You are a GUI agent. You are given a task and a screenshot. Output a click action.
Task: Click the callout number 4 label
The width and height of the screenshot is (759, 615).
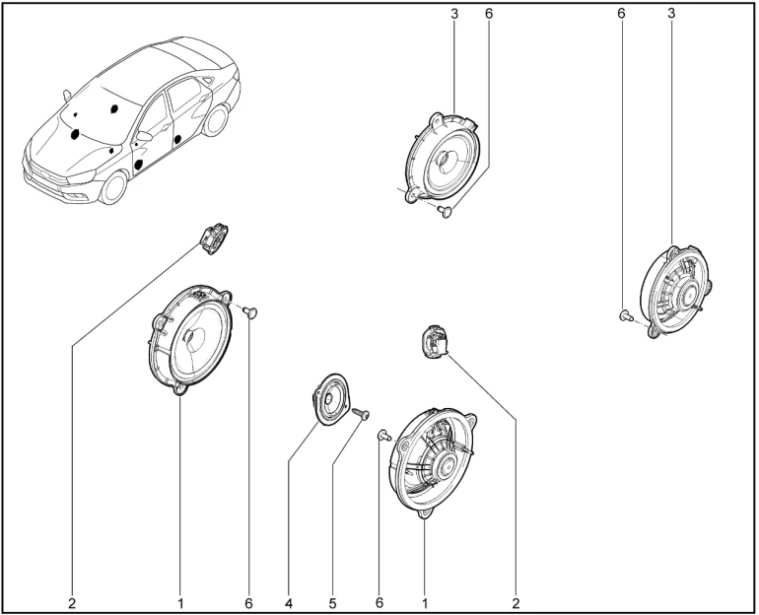289,603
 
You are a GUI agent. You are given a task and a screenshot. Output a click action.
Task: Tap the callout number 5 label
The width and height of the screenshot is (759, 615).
332,603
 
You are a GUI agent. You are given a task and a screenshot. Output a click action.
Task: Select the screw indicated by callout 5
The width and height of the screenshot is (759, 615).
361,413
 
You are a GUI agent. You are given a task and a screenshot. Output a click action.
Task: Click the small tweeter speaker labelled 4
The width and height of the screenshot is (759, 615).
330,399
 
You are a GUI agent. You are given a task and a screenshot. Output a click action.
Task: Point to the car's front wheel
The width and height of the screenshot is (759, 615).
114,187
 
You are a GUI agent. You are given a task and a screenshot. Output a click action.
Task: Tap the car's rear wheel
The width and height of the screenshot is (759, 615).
216,120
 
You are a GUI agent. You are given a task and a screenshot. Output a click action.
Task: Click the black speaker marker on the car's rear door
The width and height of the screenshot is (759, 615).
177,139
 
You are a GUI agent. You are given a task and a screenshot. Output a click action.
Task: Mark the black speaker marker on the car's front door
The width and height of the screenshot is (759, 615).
139,164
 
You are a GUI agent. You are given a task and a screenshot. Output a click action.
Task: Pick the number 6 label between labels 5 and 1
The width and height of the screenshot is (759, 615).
379,602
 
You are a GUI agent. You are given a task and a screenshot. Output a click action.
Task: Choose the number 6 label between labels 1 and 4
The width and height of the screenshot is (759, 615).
248,603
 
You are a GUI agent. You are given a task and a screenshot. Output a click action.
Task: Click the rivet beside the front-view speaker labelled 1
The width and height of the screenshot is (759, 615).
251,312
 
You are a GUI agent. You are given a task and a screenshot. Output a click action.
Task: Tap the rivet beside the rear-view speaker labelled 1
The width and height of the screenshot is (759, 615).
383,436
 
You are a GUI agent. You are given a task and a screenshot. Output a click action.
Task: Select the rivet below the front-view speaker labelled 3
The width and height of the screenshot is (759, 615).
445,211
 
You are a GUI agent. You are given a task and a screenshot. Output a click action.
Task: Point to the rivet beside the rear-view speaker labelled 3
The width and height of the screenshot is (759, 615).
626,316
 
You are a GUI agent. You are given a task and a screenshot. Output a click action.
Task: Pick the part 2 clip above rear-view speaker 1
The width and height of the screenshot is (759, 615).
434,343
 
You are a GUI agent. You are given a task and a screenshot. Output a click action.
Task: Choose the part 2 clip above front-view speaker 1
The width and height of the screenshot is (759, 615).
214,239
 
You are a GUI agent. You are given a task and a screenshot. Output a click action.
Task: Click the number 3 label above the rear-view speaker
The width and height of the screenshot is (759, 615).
671,14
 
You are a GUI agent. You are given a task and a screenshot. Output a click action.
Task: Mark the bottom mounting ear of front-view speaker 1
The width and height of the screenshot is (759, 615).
179,389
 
